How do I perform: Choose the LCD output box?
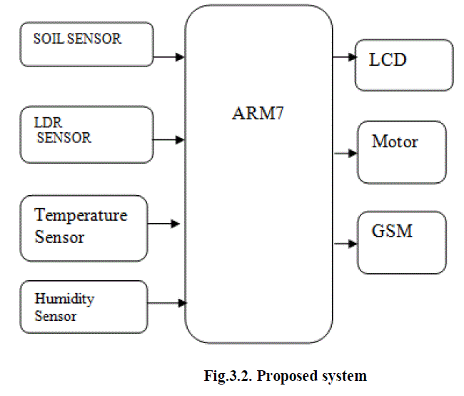click(404, 64)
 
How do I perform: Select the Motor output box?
click(401, 152)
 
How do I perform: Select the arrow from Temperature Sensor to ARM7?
click(164, 224)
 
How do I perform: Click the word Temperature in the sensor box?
click(81, 215)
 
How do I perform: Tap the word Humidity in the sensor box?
click(64, 298)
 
